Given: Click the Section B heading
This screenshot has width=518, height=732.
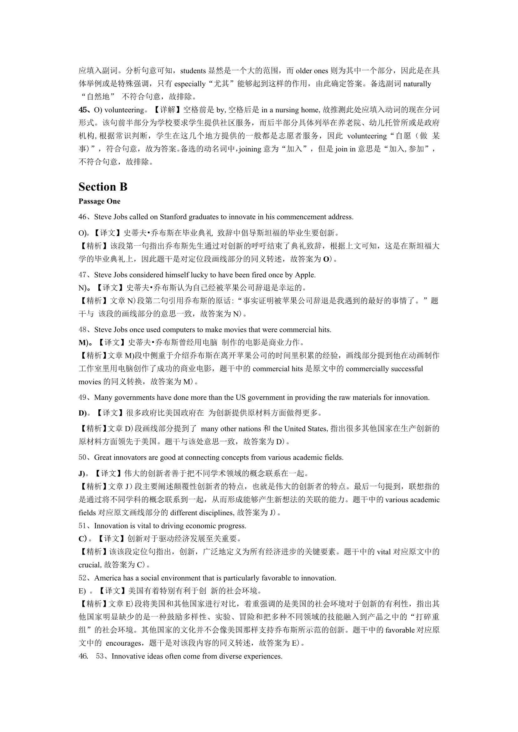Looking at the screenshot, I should pyautogui.click(x=103, y=187).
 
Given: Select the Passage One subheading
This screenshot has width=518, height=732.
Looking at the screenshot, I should pyautogui.click(x=99, y=201).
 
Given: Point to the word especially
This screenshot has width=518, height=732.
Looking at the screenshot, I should pyautogui.click(x=190, y=84).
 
